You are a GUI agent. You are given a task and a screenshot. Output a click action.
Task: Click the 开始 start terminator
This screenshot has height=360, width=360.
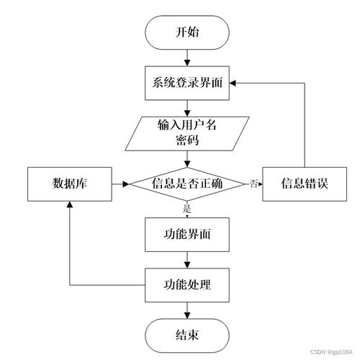(188, 32)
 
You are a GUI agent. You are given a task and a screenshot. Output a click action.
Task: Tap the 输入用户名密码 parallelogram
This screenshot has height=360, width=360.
(188, 132)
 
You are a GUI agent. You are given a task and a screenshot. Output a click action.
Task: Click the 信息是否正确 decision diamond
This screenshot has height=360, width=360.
(188, 184)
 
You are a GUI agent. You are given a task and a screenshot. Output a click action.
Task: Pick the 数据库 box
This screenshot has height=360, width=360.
(69, 184)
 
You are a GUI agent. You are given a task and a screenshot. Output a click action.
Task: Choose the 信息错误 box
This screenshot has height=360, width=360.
(305, 184)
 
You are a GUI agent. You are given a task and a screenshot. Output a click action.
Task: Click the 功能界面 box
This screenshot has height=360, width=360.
(188, 233)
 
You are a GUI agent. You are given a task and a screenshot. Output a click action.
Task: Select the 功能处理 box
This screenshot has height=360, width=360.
(188, 284)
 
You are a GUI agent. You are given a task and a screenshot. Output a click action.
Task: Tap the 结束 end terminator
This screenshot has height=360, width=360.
(188, 334)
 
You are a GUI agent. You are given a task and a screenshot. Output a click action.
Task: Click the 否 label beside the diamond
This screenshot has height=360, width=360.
(253, 184)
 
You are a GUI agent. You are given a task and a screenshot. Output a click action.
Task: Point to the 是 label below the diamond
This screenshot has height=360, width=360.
(188, 210)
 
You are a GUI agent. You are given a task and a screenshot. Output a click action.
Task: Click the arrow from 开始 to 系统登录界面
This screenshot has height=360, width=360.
(188, 57)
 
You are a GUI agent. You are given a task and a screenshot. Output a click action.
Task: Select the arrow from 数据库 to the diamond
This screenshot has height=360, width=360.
(120, 184)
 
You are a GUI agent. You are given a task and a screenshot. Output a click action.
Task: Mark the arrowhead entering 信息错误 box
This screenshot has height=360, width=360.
(259, 184)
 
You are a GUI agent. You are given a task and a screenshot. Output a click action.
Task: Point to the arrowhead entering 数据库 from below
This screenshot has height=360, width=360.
(69, 205)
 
